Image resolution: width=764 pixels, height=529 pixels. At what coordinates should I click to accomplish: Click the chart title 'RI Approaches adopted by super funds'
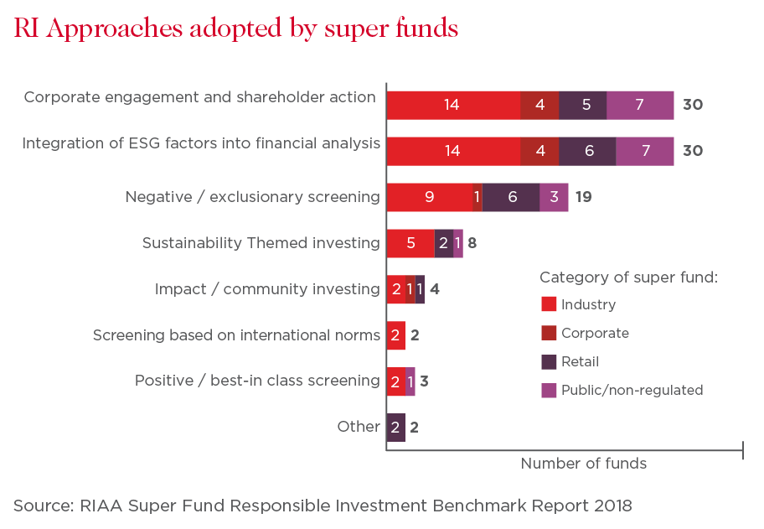tap(236, 29)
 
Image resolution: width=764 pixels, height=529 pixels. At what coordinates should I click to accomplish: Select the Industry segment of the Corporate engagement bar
tap(454, 105)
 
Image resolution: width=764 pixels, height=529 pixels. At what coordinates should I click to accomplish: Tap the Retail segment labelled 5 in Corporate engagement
tap(583, 105)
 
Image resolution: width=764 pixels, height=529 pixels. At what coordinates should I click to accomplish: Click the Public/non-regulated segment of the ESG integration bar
tap(645, 151)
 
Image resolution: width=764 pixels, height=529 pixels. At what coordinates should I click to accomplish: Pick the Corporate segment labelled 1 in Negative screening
tap(478, 197)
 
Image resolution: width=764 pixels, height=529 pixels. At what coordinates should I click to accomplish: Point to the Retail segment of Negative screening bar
tap(511, 197)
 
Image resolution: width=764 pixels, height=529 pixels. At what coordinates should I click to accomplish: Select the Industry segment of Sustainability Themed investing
tap(410, 243)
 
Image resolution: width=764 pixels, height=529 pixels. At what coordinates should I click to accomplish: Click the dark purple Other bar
tap(396, 428)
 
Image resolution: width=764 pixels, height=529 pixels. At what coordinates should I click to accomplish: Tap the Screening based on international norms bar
tap(396, 335)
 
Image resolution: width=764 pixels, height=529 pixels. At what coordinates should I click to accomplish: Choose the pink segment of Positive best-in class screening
tap(410, 381)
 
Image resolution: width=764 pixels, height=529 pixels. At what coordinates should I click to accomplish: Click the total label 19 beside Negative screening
tap(583, 197)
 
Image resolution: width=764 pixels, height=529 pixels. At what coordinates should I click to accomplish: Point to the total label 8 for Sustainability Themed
tap(472, 243)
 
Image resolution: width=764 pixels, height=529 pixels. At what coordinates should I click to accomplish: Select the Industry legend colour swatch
tap(549, 303)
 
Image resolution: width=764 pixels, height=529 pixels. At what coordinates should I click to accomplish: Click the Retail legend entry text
tap(580, 362)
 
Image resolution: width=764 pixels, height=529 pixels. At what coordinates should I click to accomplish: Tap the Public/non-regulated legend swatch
tap(549, 390)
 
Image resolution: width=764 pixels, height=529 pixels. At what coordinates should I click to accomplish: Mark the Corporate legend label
tap(595, 333)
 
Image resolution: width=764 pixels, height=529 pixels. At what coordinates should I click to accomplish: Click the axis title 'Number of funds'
tap(584, 463)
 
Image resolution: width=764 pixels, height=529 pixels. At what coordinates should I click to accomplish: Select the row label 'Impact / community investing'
tap(267, 289)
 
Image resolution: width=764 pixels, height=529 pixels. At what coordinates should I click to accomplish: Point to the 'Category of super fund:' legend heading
tap(628, 277)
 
